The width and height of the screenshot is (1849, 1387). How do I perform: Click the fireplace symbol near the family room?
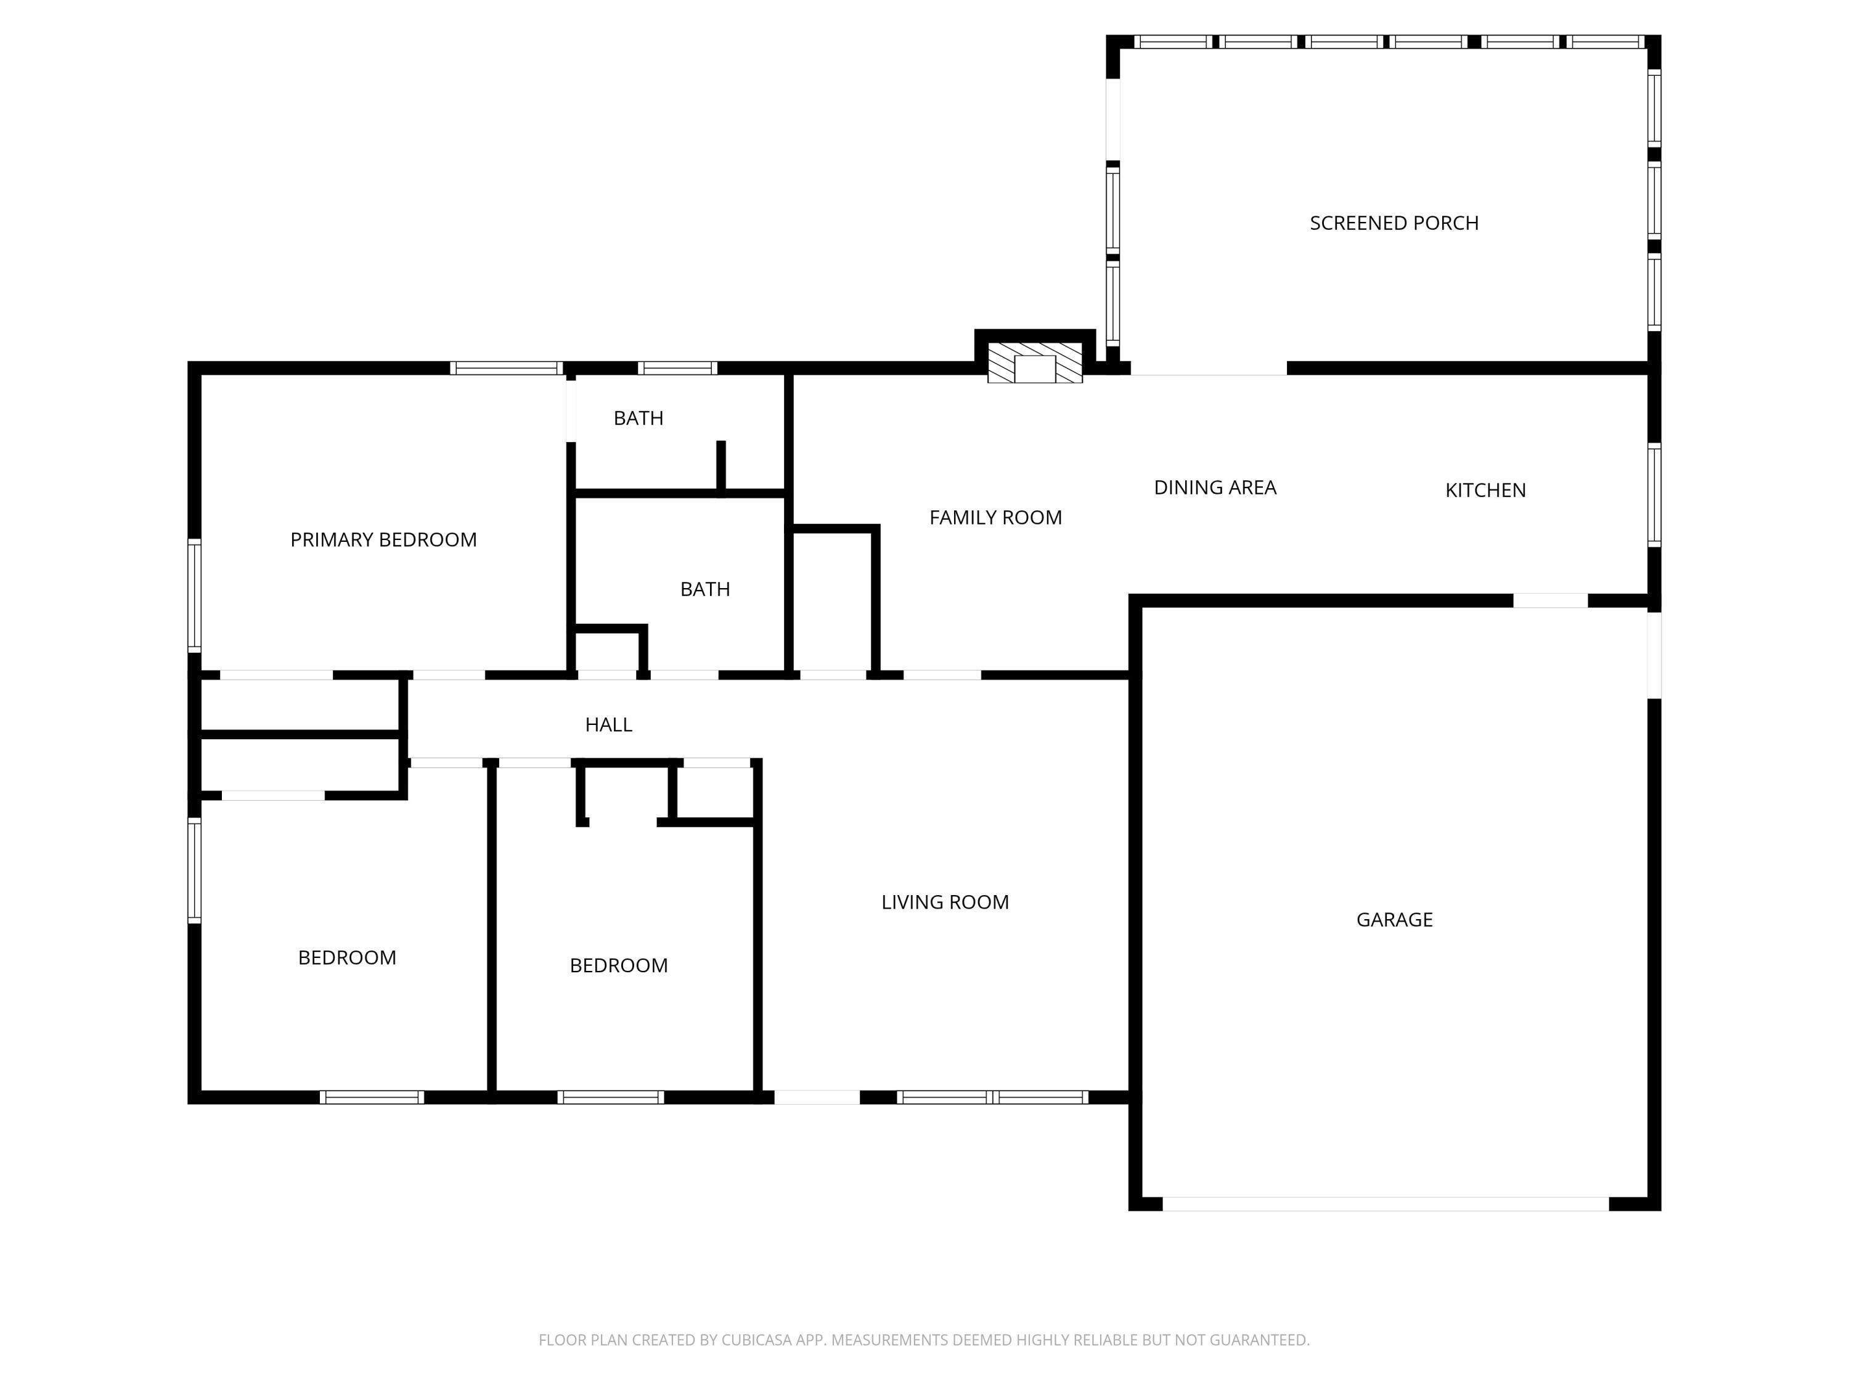[x=1035, y=366]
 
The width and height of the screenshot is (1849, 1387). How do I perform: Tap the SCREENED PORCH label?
[x=1394, y=223]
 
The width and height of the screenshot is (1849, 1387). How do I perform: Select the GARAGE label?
[x=1394, y=920]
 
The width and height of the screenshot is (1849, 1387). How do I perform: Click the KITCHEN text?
[x=1485, y=491]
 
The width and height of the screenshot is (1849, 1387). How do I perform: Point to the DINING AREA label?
[x=1215, y=488]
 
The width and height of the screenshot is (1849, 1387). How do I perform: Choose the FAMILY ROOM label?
[x=995, y=518]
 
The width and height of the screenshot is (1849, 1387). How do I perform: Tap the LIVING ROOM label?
[x=945, y=902]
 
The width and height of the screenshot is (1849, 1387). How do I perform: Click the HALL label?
[x=608, y=725]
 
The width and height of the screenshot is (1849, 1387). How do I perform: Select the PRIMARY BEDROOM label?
[x=383, y=540]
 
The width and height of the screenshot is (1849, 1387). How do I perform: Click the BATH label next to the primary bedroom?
[x=638, y=418]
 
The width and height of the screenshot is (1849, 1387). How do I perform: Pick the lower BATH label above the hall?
[x=704, y=589]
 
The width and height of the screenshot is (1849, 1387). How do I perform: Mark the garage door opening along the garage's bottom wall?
[x=1385, y=1203]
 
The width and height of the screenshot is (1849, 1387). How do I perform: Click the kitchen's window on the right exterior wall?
[x=1654, y=495]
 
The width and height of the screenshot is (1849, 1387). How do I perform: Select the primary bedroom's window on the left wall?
[x=194, y=595]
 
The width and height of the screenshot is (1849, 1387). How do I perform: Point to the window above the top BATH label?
[x=677, y=368]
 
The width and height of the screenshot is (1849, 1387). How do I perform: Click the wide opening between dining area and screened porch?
[x=1208, y=369]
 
